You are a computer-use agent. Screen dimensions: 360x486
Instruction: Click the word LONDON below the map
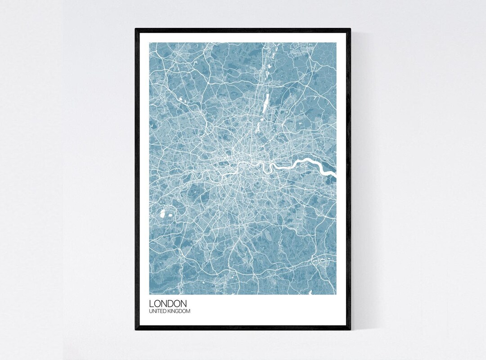click(x=168, y=304)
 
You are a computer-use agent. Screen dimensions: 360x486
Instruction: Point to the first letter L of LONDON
click(x=152, y=304)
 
